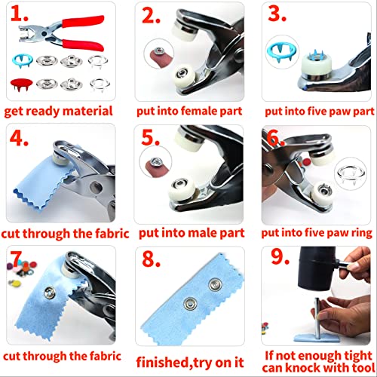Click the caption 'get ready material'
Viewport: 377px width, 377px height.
[x=58, y=111]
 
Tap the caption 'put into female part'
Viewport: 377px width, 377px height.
[x=188, y=111]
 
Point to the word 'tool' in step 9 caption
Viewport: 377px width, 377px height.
[x=347, y=367]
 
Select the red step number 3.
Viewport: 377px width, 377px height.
[x=280, y=17]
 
